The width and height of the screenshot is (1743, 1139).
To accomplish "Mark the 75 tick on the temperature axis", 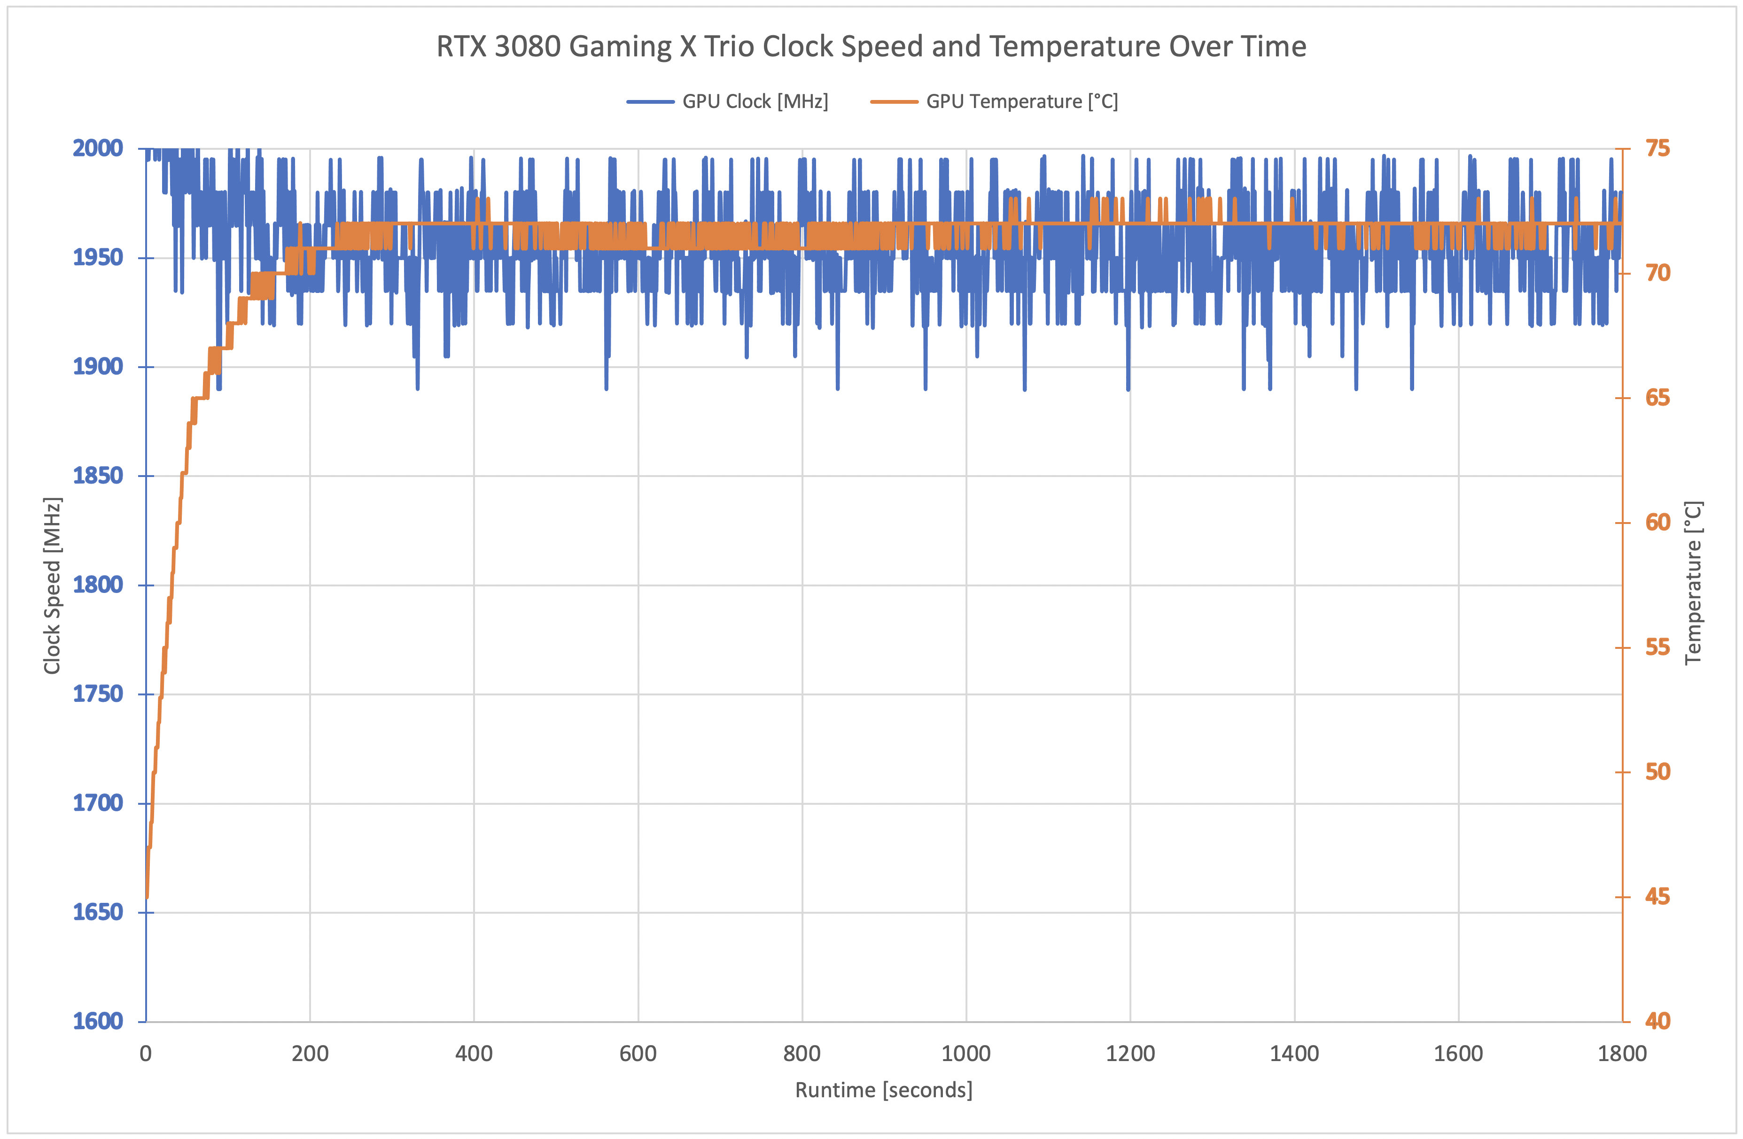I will click(1658, 149).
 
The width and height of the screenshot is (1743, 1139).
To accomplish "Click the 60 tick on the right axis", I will click(1658, 523).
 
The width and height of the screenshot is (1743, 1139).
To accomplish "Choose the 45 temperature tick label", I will click(1658, 897).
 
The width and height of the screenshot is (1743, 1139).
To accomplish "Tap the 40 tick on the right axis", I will click(1658, 1021).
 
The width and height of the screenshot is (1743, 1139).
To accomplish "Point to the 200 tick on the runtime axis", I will click(310, 1054).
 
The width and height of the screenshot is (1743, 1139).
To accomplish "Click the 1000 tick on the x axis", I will click(965, 1054).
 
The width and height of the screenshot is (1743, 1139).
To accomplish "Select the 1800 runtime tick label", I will click(1621, 1054).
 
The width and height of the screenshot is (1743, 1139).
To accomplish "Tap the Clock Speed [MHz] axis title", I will click(52, 585).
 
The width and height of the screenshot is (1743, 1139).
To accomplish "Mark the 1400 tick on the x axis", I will click(1294, 1054).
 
